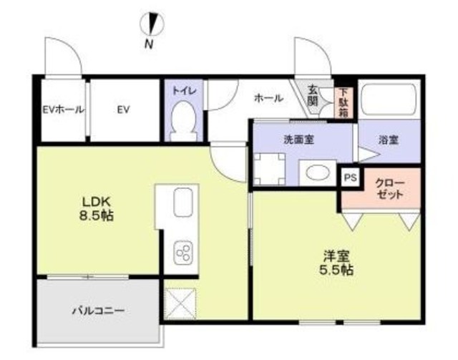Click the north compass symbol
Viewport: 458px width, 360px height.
[x=152, y=24]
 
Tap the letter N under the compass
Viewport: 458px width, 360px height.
[x=149, y=44]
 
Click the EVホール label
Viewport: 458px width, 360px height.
[x=64, y=110]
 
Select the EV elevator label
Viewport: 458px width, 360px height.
[x=123, y=110]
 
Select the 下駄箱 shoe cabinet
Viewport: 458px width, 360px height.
[x=343, y=102]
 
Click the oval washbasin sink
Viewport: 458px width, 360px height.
[x=316, y=172]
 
